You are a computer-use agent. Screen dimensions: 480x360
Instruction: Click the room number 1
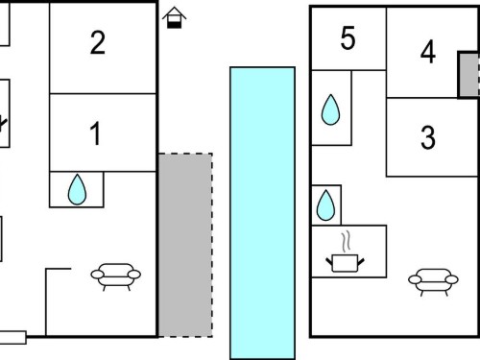pyautogui.click(x=95, y=133)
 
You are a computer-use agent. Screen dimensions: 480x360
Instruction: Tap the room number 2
pyautogui.click(x=98, y=42)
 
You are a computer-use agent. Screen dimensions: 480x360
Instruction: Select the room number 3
pyautogui.click(x=428, y=137)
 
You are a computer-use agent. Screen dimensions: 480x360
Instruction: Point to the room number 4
pyautogui.click(x=428, y=52)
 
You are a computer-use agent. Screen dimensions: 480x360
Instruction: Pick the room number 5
pyautogui.click(x=348, y=38)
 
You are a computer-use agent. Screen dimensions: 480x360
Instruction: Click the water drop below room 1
pyautogui.click(x=77, y=189)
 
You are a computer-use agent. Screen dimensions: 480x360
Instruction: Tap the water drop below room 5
pyautogui.click(x=330, y=109)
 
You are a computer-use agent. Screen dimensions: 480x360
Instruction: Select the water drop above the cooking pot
pyautogui.click(x=325, y=205)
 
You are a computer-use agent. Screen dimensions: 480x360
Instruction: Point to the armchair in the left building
pyautogui.click(x=116, y=276)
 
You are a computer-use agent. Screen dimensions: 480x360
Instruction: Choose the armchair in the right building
pyautogui.click(x=433, y=281)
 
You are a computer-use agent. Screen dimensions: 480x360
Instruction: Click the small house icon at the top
pyautogui.click(x=174, y=17)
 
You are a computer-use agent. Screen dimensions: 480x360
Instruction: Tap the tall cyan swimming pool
pyautogui.click(x=262, y=213)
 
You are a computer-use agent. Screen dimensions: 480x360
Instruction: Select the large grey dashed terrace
pyautogui.click(x=185, y=245)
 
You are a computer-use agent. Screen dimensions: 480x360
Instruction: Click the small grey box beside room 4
pyautogui.click(x=469, y=75)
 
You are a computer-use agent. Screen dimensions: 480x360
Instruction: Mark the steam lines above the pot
pyautogui.click(x=346, y=242)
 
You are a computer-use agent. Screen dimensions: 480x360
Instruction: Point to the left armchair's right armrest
pyautogui.click(x=134, y=275)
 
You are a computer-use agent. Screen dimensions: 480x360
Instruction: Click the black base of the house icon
pyautogui.click(x=174, y=25)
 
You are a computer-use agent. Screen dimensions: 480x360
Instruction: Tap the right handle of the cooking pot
pyautogui.click(x=361, y=262)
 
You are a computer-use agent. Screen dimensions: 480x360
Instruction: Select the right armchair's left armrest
pyautogui.click(x=415, y=279)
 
